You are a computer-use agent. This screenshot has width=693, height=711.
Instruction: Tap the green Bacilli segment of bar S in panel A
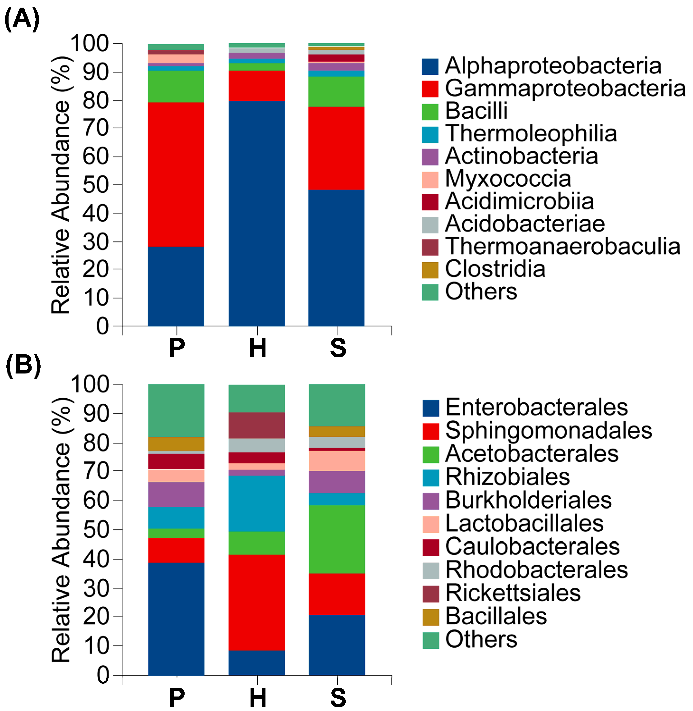[x=336, y=91]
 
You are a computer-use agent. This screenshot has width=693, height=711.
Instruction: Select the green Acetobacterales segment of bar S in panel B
[x=337, y=539]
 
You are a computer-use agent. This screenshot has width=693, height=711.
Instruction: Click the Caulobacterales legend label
[x=532, y=546]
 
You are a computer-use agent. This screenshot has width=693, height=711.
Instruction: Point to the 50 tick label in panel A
[x=96, y=185]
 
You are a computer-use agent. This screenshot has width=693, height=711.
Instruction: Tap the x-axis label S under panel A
[x=338, y=348]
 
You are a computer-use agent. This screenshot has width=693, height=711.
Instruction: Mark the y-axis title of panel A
[x=60, y=185]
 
